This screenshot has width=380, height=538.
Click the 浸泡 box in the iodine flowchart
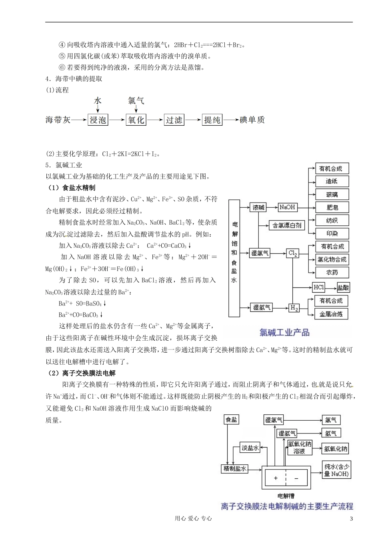[98, 120]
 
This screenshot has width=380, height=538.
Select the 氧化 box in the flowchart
[136, 120]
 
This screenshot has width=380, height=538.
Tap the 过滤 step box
[174, 120]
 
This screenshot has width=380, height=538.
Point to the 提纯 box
[212, 120]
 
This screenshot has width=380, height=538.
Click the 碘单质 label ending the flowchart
[252, 120]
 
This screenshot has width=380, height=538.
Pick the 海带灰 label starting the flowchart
[58, 120]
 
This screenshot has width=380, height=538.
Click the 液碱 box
[258, 207]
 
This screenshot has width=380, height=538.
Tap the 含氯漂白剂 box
[286, 225]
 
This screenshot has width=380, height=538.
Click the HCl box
[319, 287]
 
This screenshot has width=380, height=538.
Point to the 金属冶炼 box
[331, 314]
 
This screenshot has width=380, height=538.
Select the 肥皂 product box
[332, 207]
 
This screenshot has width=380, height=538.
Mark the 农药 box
[332, 273]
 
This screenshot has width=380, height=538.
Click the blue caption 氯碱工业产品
[284, 332]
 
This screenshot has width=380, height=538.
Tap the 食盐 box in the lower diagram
[232, 420]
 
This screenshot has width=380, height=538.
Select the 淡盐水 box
[250, 448]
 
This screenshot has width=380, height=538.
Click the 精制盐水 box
[235, 468]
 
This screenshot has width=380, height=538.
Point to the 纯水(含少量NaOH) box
[336, 470]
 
